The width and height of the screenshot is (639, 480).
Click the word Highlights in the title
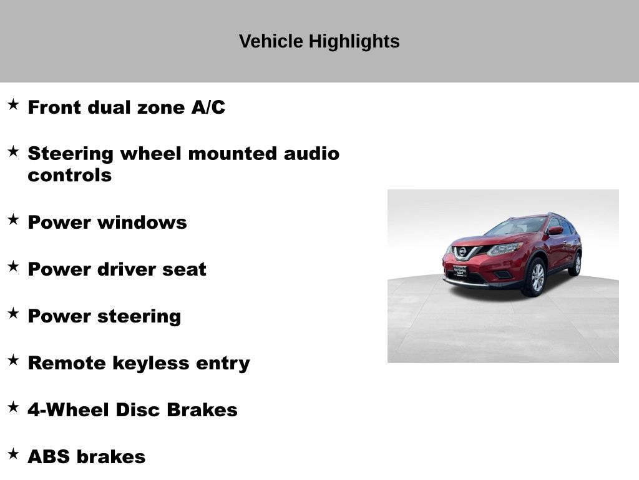click(x=354, y=42)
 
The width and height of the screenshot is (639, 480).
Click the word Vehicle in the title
click(x=271, y=41)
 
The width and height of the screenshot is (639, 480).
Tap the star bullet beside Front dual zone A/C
click(x=14, y=104)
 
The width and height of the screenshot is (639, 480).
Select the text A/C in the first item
click(x=208, y=107)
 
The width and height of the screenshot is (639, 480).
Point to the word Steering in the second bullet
click(x=71, y=154)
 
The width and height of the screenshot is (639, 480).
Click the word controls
click(x=70, y=175)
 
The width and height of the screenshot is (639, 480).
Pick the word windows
click(x=142, y=222)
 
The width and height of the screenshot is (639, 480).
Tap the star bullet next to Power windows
click(x=14, y=219)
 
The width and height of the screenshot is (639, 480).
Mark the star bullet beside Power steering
click(x=14, y=314)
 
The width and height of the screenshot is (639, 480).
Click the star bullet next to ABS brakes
click(x=14, y=454)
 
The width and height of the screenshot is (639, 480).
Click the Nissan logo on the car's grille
click(x=462, y=252)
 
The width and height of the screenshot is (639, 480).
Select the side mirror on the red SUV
click(x=556, y=231)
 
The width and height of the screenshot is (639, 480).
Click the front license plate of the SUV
click(x=460, y=271)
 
